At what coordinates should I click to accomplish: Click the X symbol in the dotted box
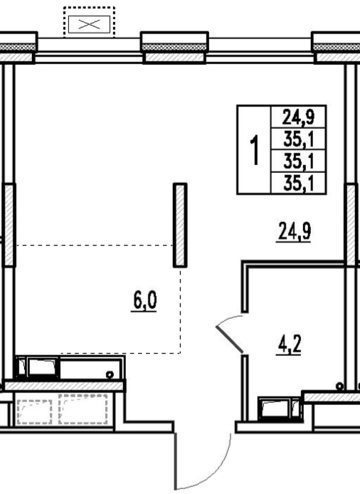pos(89,24)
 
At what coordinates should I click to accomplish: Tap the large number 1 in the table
pos(254,149)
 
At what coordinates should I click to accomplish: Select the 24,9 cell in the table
pos(298,117)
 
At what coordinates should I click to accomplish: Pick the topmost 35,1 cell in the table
pos(298,139)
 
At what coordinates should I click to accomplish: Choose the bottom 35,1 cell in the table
pos(298,183)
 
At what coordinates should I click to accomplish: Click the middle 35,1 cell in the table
pos(298,161)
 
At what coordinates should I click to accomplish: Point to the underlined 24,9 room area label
pos(294,231)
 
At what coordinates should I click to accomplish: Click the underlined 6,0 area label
pos(144,301)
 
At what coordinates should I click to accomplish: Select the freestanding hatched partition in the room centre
pos(180,225)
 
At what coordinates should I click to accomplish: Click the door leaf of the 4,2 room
pos(230,340)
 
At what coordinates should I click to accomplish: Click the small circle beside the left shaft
pos(110,374)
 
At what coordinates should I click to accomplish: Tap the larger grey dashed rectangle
pos(83,409)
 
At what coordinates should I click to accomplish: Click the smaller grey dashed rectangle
pos(34,412)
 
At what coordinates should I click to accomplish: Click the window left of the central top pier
pos(89,51)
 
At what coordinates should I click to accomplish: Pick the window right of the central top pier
pos(260,51)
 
